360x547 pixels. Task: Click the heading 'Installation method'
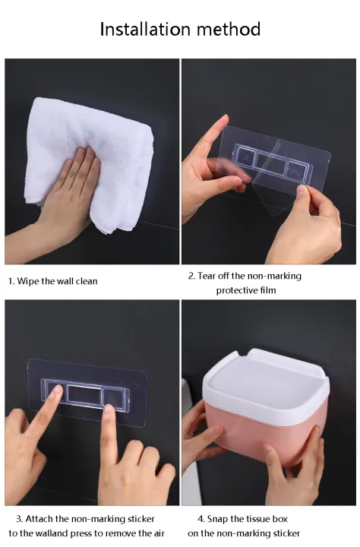click(x=180, y=30)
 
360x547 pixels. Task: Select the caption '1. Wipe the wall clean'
click(x=53, y=281)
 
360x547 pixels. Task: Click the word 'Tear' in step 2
click(x=210, y=276)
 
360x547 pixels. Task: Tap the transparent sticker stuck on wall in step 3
click(x=86, y=389)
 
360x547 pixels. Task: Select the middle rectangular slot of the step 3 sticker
click(x=85, y=394)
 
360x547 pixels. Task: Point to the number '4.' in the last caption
click(x=203, y=518)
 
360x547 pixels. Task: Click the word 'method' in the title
click(x=226, y=30)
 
